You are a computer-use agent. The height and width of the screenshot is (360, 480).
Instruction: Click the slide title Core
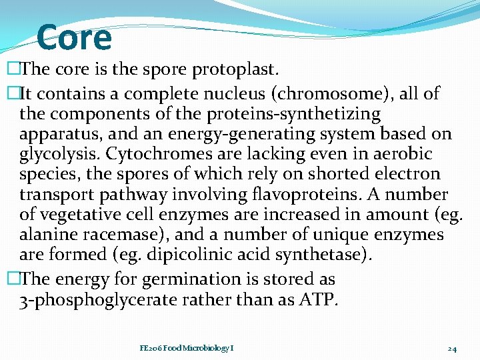pos(74,38)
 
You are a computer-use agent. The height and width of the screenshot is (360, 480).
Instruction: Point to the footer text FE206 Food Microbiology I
pos(186,348)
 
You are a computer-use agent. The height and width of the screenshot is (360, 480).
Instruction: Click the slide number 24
pos(451,348)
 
